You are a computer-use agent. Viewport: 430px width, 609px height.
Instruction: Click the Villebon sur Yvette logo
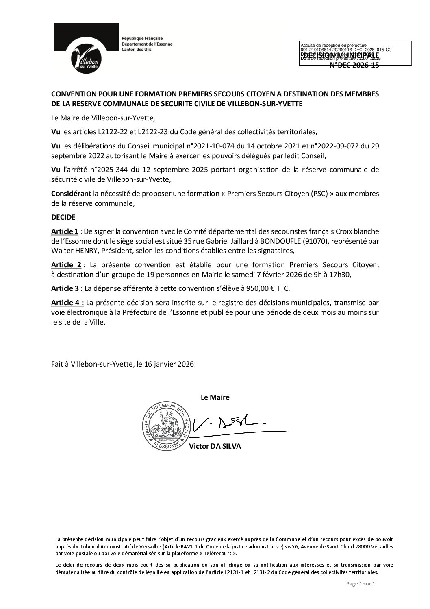coord(85,49)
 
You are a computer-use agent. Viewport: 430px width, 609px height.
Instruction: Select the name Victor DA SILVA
coord(215,446)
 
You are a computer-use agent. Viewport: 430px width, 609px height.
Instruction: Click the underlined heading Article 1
coord(65,231)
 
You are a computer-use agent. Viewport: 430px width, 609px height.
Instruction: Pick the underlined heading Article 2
coord(66,265)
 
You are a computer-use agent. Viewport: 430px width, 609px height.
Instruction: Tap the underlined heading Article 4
coord(67,302)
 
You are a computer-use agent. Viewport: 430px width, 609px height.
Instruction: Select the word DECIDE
coord(63,218)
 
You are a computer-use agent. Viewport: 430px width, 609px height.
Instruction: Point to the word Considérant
coord(71,194)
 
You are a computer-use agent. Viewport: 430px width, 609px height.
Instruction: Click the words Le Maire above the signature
coord(215,397)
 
